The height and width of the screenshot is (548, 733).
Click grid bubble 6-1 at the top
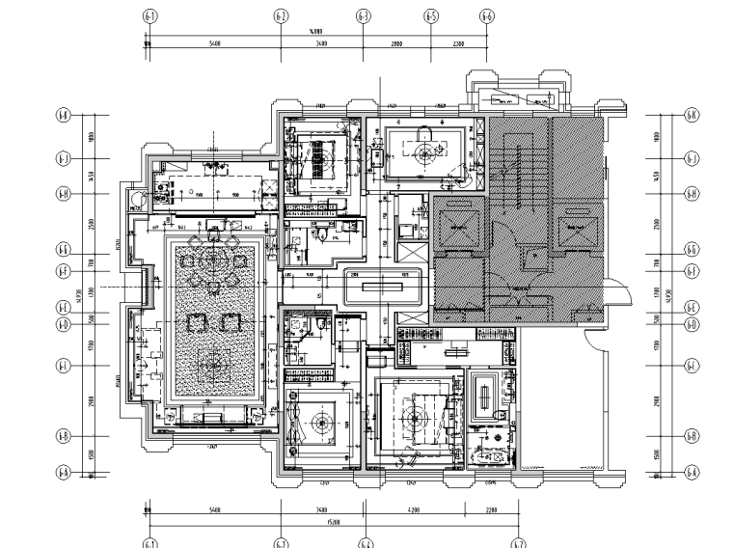point(149,16)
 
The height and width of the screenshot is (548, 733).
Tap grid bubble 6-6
point(487,16)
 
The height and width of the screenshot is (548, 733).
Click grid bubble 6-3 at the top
point(364,16)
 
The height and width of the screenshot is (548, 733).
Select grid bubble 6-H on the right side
point(691,194)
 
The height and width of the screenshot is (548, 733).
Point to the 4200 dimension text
point(414,509)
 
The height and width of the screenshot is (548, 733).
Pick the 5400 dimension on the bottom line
point(214,509)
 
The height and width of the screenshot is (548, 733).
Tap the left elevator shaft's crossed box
point(454,230)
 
